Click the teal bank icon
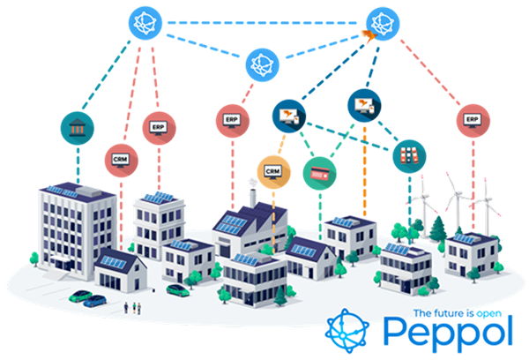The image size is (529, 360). coord(77,126)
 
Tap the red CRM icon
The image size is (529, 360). coord(120,158)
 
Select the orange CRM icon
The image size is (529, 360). coord(272,169)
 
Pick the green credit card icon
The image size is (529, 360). coord(318,172)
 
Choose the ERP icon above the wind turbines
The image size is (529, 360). coord(472,118)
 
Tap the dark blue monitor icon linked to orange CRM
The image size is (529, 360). coord(288,113)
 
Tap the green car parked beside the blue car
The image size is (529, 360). coord(98,300)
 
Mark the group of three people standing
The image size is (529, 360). coord(133,306)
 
